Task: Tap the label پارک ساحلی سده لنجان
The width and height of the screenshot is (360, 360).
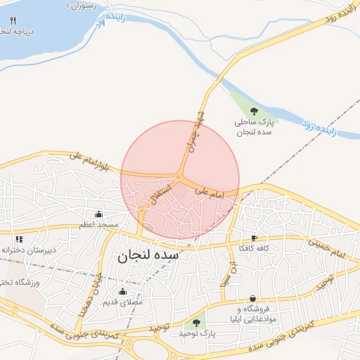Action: point(254,127)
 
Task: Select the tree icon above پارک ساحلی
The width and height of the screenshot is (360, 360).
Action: point(254,110)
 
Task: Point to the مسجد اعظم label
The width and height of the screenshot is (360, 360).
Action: point(98,224)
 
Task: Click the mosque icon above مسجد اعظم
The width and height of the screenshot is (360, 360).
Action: point(98,214)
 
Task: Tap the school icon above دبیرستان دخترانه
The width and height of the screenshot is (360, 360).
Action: point(19,239)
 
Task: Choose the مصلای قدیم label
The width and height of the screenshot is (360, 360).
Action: point(123,302)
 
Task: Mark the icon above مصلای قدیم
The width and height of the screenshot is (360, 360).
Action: point(123,291)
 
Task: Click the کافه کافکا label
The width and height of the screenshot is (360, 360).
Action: point(254,248)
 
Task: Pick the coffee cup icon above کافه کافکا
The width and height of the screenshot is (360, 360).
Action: point(254,238)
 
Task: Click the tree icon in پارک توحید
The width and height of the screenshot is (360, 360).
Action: point(196,323)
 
